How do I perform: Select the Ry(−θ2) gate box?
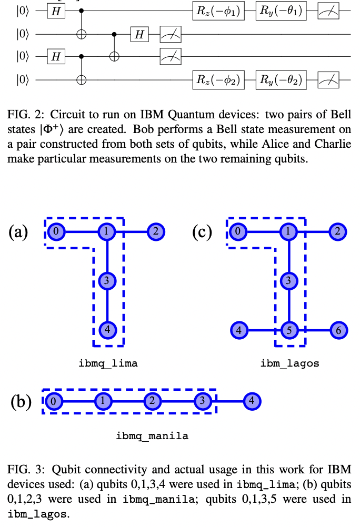tap(280, 80)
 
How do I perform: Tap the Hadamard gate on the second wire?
tap(139, 35)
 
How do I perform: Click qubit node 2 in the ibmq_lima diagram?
tap(156, 231)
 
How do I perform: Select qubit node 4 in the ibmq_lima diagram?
tap(107, 330)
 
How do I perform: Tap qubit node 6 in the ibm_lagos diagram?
tap(337, 331)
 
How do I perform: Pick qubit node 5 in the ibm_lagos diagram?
tap(288, 331)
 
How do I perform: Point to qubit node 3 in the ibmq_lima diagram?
tap(107, 281)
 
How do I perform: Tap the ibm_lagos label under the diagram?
tap(289, 363)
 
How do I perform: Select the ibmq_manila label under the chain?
tap(152, 435)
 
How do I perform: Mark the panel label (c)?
tap(202, 231)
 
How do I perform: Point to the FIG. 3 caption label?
tap(23, 468)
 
